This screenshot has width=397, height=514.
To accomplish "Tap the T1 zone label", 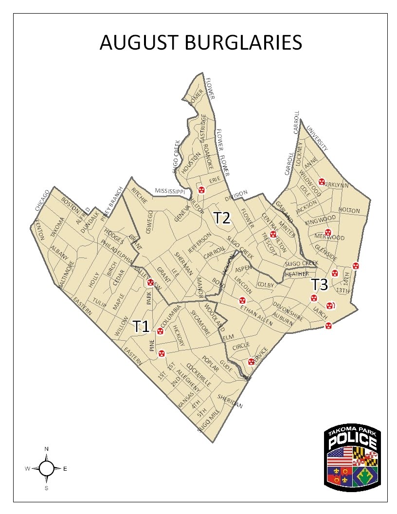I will [141, 326].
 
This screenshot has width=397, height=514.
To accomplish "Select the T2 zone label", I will [222, 218].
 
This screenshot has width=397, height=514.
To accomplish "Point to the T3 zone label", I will [320, 284].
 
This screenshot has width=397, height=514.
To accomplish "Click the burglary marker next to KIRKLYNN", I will [322, 182].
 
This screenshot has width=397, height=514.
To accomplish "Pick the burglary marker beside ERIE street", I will [200, 189].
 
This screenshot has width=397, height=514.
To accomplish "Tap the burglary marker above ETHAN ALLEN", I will [242, 300].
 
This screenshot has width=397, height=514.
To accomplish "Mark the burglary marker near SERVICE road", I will [251, 361].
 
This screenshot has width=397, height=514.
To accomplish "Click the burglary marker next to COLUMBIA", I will [160, 332].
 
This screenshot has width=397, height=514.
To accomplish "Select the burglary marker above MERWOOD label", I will [328, 232].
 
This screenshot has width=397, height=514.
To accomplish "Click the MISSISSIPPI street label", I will [170, 191].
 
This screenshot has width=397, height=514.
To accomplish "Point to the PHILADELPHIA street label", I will [116, 252].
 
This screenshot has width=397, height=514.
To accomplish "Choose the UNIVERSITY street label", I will [317, 139].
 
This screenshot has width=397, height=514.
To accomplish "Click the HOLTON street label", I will [349, 211].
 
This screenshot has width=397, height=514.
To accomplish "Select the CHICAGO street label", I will [43, 200].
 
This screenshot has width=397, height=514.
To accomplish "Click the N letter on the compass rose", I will [46, 448].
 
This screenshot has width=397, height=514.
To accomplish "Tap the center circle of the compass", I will [46, 468].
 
